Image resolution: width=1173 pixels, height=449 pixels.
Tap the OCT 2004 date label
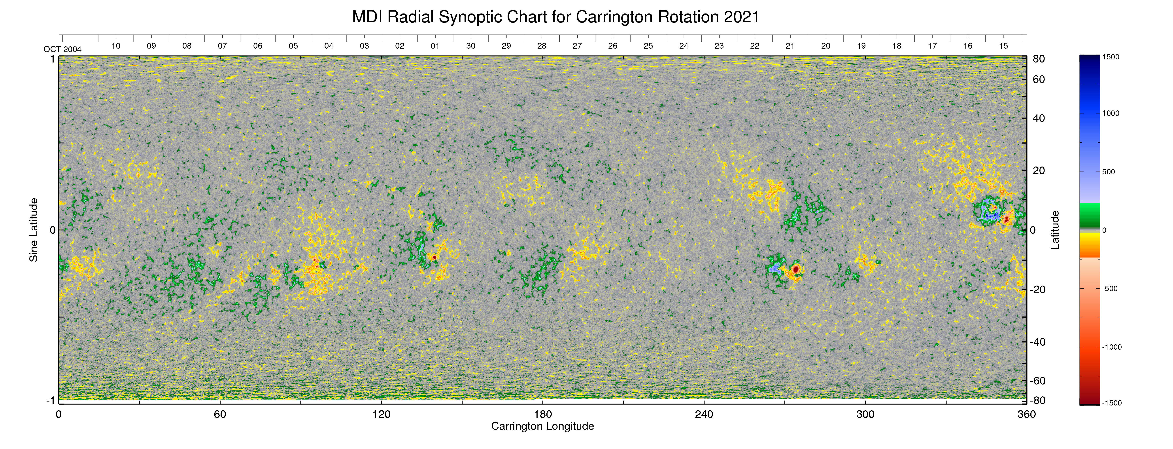62,49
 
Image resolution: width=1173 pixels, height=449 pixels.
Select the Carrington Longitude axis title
542,426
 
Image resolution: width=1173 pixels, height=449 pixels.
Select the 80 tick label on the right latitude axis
1039,59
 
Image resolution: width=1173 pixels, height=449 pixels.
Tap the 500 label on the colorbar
1108,172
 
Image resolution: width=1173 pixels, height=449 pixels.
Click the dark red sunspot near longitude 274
795,269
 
